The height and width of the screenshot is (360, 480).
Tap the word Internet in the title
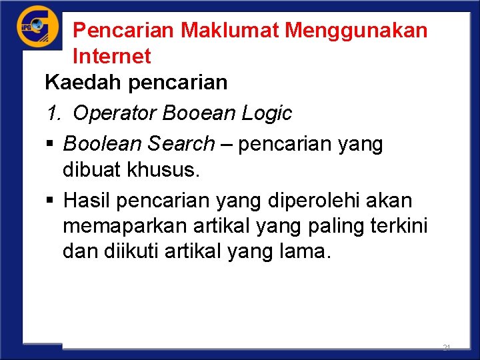coord(112,56)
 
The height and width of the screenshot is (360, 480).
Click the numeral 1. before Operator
coord(54,113)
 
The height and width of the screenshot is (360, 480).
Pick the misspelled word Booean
coord(194,113)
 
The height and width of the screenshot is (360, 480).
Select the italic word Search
coord(182,143)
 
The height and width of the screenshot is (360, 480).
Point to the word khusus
coord(166,170)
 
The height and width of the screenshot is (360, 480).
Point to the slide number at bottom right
coord(446,348)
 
